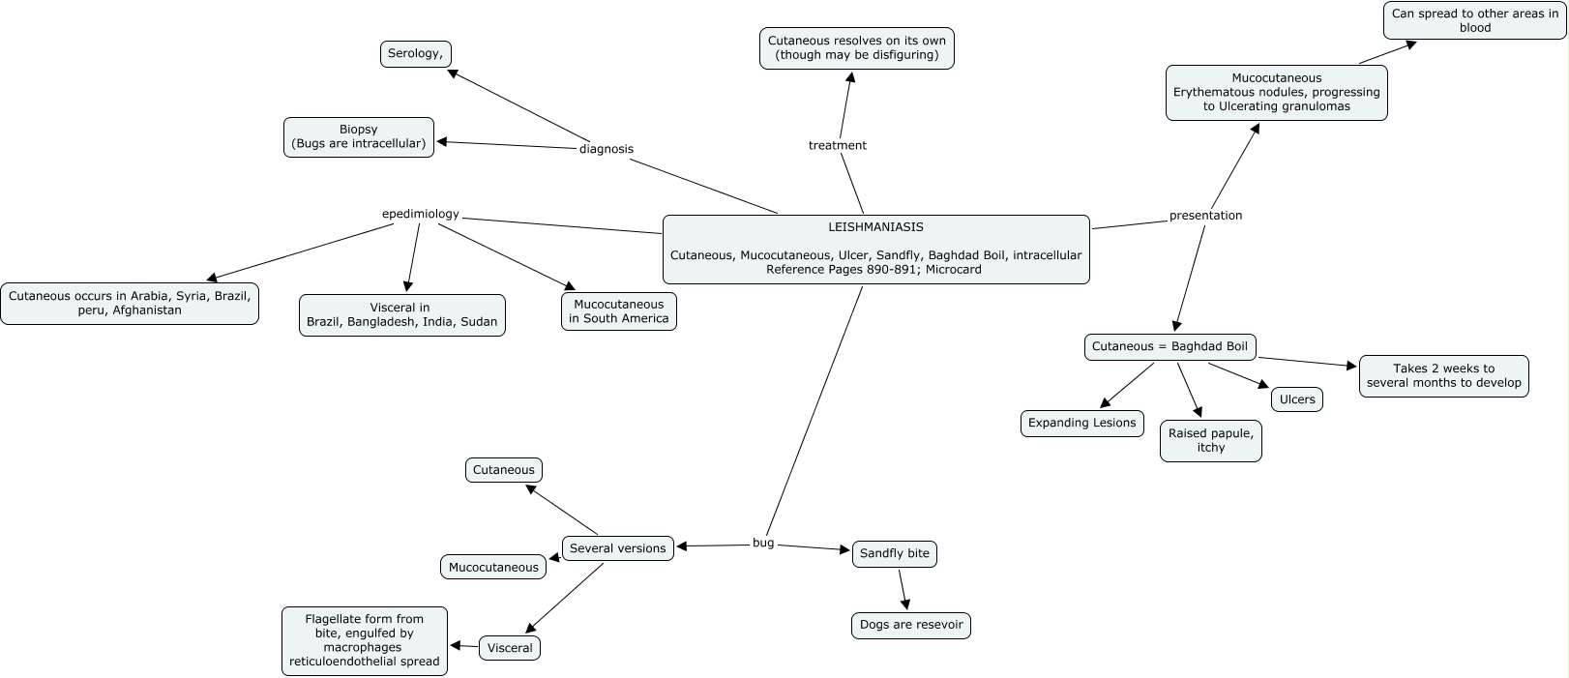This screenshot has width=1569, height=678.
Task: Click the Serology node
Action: coord(416,54)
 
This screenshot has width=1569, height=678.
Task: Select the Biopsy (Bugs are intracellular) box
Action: coord(359,136)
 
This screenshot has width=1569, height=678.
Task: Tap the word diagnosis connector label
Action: coord(607,149)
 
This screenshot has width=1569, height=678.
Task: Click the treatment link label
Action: coord(838,146)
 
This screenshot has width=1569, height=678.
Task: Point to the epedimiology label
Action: coord(421,215)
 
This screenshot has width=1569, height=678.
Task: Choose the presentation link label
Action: coord(1205,216)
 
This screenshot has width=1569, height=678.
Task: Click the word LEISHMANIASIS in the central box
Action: coord(875,227)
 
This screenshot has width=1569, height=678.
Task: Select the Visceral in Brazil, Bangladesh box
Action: coord(401,315)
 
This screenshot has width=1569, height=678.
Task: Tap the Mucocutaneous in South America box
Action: coord(619,311)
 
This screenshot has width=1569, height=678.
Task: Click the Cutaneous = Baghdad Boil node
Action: coord(1169,347)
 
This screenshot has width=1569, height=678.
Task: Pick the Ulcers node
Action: coord(1297,399)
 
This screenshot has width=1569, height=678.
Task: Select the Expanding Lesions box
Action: coord(1081,424)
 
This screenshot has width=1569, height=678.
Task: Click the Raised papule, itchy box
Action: coord(1210,441)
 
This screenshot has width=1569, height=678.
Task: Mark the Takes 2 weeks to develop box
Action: coord(1443,376)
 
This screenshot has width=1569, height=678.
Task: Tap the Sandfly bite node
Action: coord(894,554)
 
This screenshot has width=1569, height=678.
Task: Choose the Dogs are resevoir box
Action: coord(911,625)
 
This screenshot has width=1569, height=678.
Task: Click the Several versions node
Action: coord(617,548)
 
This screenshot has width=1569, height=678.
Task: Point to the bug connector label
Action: coord(763,544)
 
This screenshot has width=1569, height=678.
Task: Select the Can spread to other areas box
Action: coord(1474,20)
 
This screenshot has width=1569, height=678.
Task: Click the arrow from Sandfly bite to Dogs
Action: coord(903,589)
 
